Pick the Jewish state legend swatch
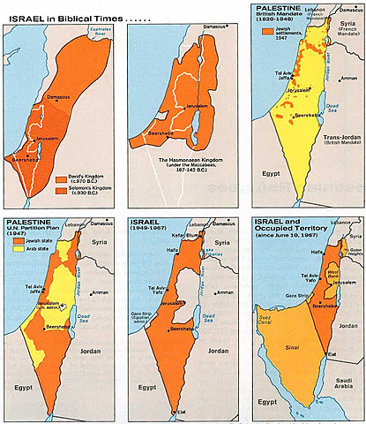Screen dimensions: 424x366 pyautogui.click(x=14, y=239)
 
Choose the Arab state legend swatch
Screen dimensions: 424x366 pyautogui.click(x=14, y=249)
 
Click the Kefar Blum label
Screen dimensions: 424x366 pyautogui.click(x=169, y=237)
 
